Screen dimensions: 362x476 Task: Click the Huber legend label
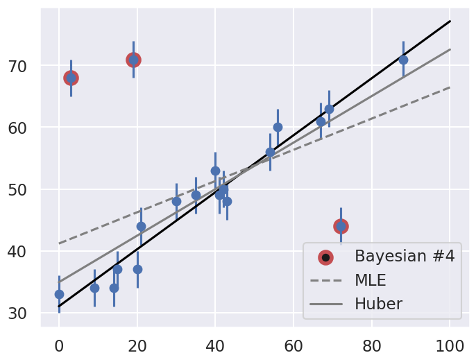(378, 304)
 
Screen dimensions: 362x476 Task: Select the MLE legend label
(371, 280)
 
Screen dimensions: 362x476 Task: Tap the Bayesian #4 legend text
(405, 256)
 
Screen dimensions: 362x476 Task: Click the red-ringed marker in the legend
(325, 257)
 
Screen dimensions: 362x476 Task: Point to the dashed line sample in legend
(325, 281)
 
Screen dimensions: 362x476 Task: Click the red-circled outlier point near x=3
(71, 78)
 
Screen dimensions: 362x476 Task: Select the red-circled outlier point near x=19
(133, 60)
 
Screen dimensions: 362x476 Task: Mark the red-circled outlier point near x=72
(341, 226)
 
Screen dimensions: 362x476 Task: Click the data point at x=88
(403, 60)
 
